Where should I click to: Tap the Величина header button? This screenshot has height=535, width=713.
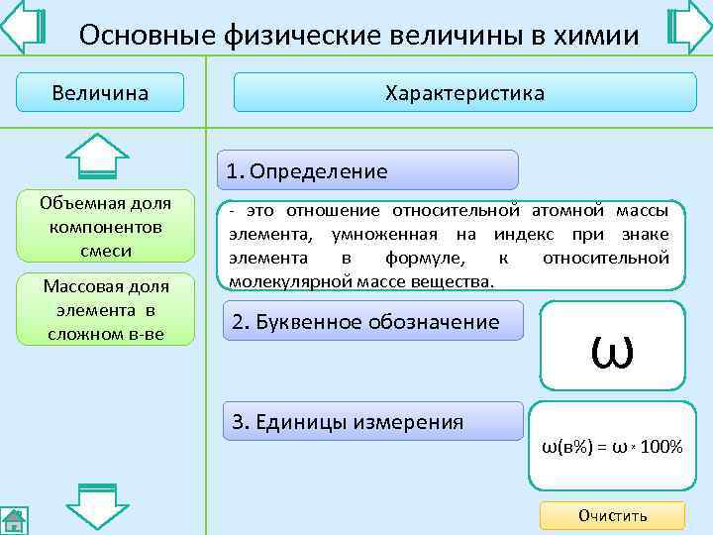100,93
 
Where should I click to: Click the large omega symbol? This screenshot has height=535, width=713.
611,347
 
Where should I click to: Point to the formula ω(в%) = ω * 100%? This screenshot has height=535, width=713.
611,447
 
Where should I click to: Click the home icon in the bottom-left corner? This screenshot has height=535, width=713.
13,519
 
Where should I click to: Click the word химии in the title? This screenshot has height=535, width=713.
593,36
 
